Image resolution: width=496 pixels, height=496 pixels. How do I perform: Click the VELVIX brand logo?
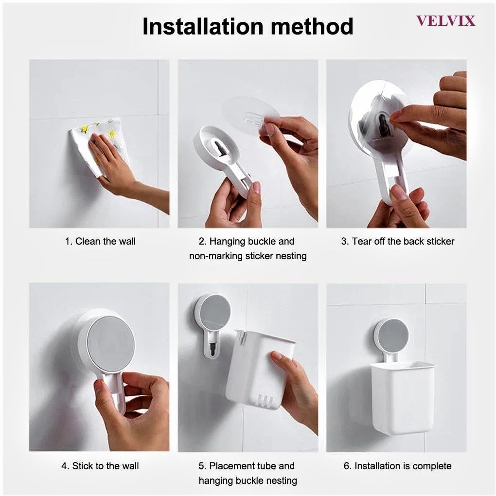[x=445, y=21]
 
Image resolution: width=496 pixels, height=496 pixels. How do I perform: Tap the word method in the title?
[x=312, y=26]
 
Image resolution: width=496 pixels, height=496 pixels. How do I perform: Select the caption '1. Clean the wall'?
[x=100, y=241]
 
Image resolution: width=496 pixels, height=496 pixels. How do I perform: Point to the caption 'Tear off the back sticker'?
[x=403, y=241]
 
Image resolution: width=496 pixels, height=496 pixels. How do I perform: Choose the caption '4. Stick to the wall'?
[x=100, y=466]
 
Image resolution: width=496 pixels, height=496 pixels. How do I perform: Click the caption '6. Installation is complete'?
[x=398, y=466]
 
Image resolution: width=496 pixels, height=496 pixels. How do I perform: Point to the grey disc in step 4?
[x=111, y=343]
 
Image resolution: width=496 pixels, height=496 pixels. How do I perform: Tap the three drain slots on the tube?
[x=264, y=400]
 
